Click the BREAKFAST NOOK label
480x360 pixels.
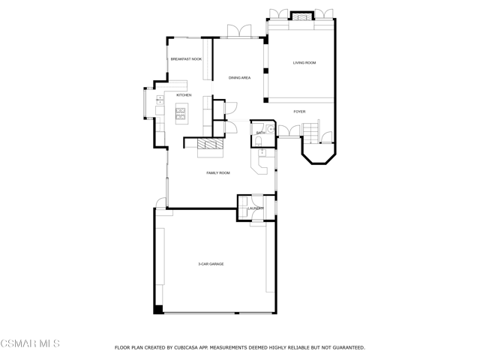(x=186, y=59)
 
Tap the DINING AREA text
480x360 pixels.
(x=239, y=78)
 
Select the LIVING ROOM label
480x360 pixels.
(x=304, y=63)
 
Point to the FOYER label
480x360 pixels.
(x=299, y=112)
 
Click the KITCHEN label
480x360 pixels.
(x=184, y=95)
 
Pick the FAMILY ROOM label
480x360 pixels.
(x=218, y=173)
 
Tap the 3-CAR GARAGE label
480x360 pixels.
(x=211, y=264)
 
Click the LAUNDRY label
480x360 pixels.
(x=256, y=208)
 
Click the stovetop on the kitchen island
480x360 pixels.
(x=180, y=113)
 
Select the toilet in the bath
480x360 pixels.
(x=258, y=140)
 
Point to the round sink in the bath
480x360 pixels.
(x=270, y=130)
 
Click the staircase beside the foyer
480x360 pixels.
(x=310, y=133)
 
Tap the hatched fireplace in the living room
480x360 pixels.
(x=301, y=16)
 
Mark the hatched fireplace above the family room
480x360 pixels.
(x=210, y=143)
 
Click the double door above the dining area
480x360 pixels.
(x=239, y=31)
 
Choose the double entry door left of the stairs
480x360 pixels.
(x=289, y=131)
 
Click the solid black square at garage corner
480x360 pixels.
(x=158, y=309)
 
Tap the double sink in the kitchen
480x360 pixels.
(x=160, y=100)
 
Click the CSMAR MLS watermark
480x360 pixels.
(x=30, y=343)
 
